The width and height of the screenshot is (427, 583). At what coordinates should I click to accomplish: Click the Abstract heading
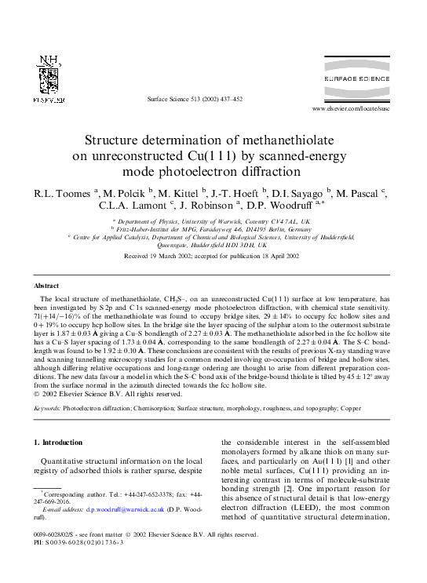47,287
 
